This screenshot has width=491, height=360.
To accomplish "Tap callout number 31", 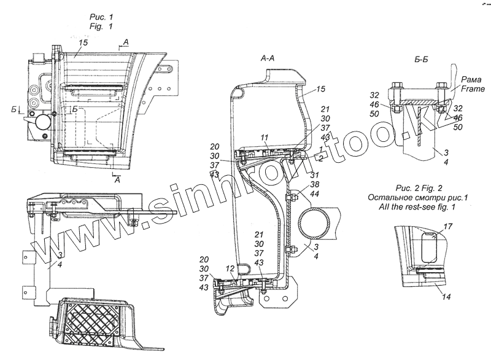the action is click(x=315, y=176).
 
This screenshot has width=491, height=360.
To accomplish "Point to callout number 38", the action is click(x=315, y=184).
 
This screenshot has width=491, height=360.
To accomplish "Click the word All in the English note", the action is click(x=377, y=207).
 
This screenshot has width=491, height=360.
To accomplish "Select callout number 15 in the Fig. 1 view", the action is click(x=83, y=43).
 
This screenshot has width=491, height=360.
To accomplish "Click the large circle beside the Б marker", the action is click(x=44, y=122).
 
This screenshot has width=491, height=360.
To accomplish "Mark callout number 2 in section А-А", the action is click(x=322, y=158).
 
